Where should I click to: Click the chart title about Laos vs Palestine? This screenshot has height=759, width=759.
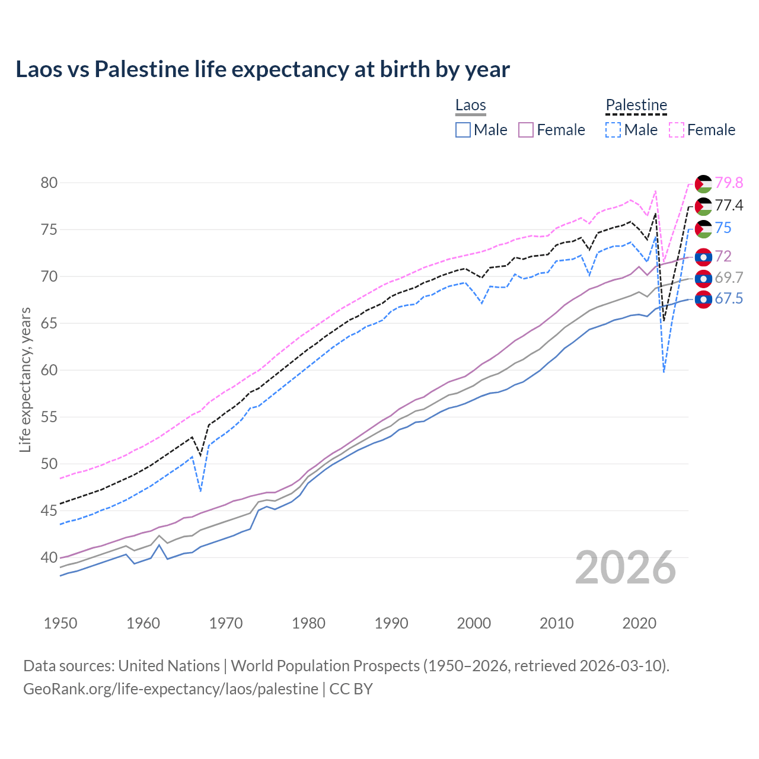263,69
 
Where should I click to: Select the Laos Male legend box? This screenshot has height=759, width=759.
463,130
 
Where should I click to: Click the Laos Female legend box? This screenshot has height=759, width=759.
526,130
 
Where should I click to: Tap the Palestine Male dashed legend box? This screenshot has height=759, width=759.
613,130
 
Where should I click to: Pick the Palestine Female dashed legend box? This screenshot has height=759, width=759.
677,130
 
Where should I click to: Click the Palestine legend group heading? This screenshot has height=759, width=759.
636,105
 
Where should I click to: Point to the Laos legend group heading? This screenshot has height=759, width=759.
471,105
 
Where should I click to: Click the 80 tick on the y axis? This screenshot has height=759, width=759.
49,183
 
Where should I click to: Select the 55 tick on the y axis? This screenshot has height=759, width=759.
49,417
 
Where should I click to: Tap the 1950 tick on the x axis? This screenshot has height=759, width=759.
60,623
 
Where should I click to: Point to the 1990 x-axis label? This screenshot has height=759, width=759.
391,623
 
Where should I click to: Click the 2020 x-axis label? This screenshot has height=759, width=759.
639,623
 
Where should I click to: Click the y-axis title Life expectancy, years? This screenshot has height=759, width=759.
25,379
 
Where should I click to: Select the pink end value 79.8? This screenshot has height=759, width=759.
729,183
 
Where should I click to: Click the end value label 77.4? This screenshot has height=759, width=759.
729,205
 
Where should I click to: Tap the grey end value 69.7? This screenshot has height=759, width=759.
729,278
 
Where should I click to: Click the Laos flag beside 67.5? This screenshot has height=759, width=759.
703,300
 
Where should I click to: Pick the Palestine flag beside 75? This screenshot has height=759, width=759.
703,229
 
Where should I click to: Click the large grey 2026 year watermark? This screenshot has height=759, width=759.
626,567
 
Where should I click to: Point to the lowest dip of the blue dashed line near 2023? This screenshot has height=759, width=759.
664,372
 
